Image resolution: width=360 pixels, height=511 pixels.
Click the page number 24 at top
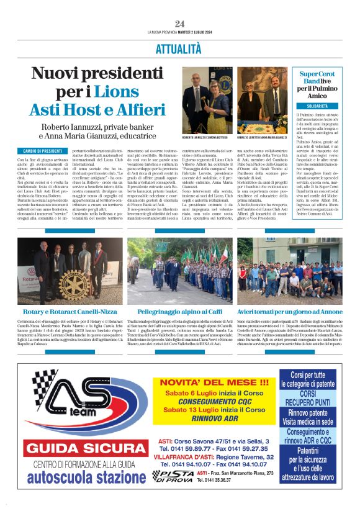179,24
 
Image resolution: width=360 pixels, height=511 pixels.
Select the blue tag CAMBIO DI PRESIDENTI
43,151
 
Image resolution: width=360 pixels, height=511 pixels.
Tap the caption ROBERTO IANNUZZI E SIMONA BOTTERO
205,137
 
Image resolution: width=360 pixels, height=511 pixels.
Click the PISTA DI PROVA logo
175,476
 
